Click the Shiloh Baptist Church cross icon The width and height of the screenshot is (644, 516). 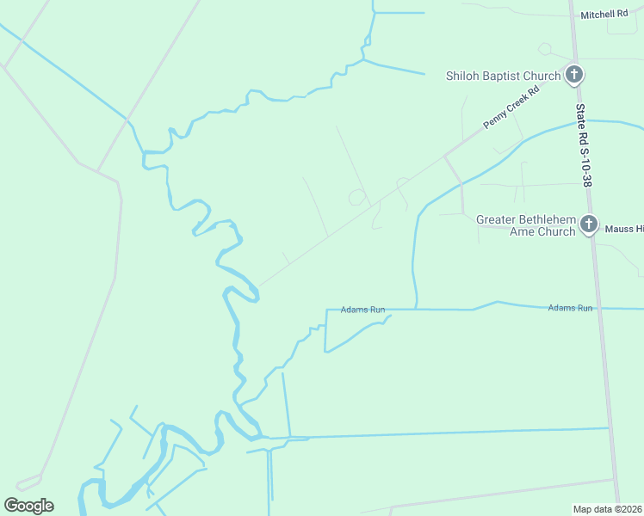[574, 76]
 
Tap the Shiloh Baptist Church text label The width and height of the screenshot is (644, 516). [503, 76]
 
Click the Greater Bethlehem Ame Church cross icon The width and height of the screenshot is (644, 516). [588, 225]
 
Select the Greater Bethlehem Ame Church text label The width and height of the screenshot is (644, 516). [526, 225]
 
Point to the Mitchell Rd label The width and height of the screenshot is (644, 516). [604, 15]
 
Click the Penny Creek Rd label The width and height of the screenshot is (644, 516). [511, 107]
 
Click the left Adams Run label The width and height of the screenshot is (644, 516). [362, 310]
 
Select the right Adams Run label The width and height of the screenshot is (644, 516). [571, 308]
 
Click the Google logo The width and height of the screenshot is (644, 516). [29, 506]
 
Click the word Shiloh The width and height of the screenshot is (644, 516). [462, 76]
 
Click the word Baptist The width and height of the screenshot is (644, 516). [502, 76]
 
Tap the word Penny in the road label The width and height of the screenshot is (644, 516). [498, 117]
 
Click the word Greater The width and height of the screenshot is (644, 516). [498, 219]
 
